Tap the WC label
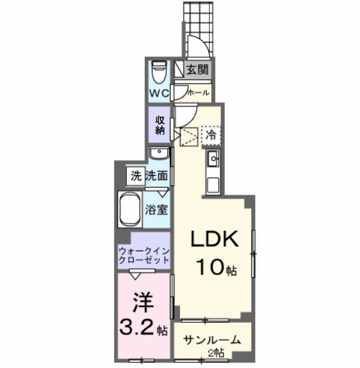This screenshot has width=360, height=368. tap(159, 93)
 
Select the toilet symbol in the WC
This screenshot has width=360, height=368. tap(160, 71)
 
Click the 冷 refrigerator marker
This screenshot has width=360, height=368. tap(211, 134)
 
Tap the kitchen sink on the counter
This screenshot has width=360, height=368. tap(212, 159)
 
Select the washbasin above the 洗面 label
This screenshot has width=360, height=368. tap(160, 153)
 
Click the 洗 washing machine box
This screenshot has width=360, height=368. tap(136, 176)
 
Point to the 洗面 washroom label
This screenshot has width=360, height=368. tap(157, 176)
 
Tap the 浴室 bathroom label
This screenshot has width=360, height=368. tap(157, 209)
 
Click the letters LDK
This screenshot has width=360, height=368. tap(214, 239)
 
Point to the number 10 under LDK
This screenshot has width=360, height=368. tap(209, 268)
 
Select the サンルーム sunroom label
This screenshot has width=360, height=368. tap(212, 340)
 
